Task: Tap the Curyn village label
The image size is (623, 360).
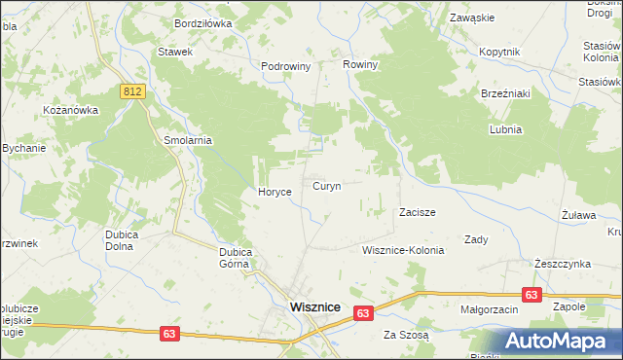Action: coord(326,186)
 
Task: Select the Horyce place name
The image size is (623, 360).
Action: coord(275,192)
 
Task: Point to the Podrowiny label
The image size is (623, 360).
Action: coord(285,66)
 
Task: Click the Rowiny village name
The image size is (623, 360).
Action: coord(359,64)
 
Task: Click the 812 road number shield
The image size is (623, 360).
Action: coord(134,90)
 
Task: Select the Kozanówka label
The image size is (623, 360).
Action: coord(71,110)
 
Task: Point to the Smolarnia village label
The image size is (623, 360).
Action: coord(188,140)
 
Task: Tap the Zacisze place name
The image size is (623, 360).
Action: coord(417,212)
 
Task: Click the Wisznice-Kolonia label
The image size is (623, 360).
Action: coord(402,250)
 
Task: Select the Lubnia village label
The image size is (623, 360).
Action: coord(506,129)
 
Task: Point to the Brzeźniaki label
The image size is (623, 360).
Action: coord(504,93)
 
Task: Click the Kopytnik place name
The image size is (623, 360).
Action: coord(501,52)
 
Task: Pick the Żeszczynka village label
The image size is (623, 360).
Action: coord(563,264)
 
